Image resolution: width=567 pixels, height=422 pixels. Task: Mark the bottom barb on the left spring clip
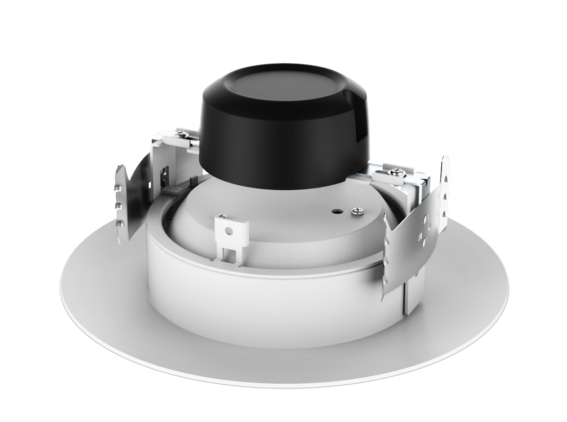[x=121, y=223]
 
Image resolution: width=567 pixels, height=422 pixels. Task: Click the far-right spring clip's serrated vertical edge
[x=445, y=193]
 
